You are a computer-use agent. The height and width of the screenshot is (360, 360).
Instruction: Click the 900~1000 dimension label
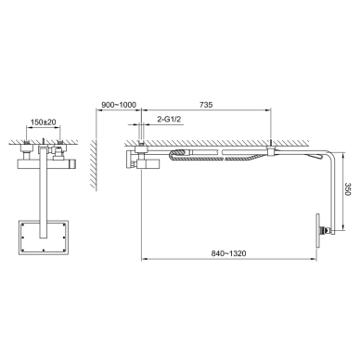[x=119, y=105]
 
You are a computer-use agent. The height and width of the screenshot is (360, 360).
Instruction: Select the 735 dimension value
[x=206, y=105]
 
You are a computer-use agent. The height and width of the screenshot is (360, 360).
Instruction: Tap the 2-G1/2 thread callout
[x=169, y=120]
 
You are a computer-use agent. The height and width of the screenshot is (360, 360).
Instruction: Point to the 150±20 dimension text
[x=44, y=122]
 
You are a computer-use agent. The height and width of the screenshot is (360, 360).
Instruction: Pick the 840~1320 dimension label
[x=229, y=253]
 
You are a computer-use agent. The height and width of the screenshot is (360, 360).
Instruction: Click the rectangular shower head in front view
[x=44, y=238]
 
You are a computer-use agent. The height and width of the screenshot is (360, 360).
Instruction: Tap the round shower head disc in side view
[x=317, y=230]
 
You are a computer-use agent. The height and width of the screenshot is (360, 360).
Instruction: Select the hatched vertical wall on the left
[x=93, y=163]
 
